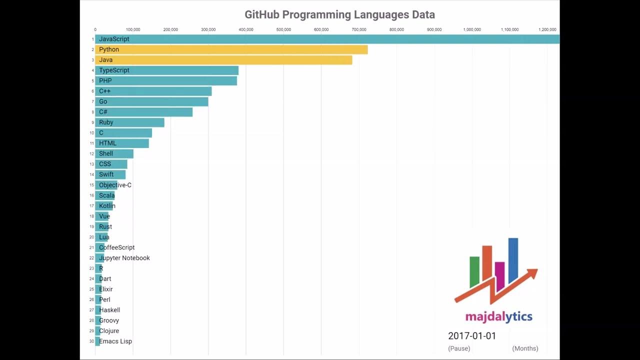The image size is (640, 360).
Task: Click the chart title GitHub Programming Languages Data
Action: pyautogui.click(x=339, y=14)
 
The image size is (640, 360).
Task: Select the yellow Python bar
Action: pyautogui.click(x=231, y=49)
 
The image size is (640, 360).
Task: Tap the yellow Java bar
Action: pyautogui.click(x=223, y=60)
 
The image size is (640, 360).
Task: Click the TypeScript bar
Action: pyautogui.click(x=167, y=70)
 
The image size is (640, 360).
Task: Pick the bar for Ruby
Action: pyautogui.click(x=130, y=122)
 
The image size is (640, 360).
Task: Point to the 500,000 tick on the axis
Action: pyautogui.click(x=283, y=29)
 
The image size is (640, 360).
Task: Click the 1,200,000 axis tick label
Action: pyautogui.click(x=547, y=29)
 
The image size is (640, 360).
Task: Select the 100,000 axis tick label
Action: pyautogui.click(x=133, y=29)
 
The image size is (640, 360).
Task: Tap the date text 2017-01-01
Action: pyautogui.click(x=472, y=336)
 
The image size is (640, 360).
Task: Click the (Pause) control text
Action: pyautogui.click(x=459, y=348)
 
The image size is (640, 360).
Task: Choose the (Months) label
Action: pyautogui.click(x=525, y=348)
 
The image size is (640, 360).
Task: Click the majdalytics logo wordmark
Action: pyautogui.click(x=498, y=317)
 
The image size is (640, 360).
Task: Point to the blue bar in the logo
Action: pyautogui.click(x=513, y=260)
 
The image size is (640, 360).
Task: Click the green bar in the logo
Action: pyautogui.click(x=474, y=271)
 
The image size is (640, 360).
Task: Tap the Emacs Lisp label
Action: pyautogui.click(x=115, y=341)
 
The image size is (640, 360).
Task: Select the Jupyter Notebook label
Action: pyautogui.click(x=124, y=258)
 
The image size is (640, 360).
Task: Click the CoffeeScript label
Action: pyautogui.click(x=117, y=247)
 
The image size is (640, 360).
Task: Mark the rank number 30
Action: pyautogui.click(x=91, y=341)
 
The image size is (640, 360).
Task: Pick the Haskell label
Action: pyautogui.click(x=109, y=310)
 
